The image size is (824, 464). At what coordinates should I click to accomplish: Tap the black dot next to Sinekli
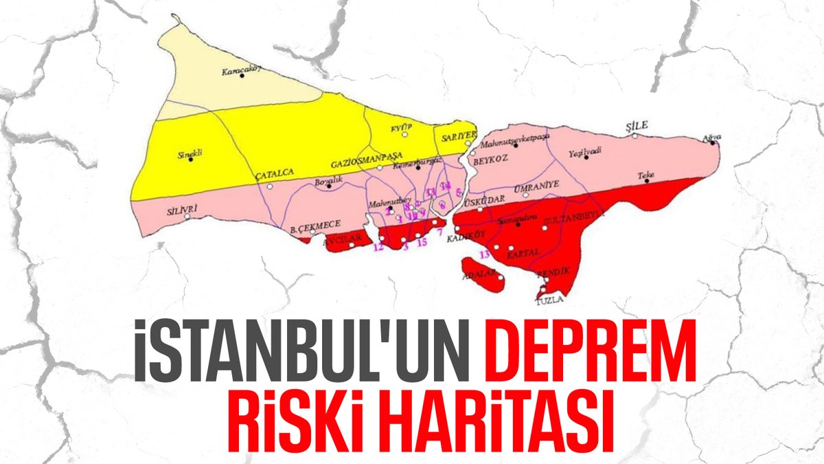point(191,161)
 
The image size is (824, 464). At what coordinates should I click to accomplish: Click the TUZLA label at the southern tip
point(549,300)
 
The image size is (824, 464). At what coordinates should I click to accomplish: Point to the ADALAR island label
point(479,274)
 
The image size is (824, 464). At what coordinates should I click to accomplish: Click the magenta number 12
point(378,247)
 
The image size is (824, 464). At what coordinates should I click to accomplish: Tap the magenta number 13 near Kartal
point(485,254)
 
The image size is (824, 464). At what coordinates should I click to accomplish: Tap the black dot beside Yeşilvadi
point(586,157)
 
